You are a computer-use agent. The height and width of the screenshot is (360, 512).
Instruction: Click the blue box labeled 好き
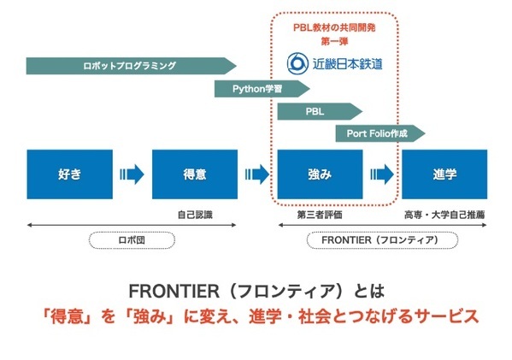69,174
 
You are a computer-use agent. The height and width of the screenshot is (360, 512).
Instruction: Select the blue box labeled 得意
194,174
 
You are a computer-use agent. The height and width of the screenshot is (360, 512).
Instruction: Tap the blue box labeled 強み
319,174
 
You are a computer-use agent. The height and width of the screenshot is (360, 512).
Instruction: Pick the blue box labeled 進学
444,174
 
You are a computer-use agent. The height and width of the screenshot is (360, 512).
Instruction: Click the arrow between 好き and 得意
132,174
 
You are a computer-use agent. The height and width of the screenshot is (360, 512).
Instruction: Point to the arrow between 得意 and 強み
256,174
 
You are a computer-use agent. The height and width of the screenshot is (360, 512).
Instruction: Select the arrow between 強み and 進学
382,174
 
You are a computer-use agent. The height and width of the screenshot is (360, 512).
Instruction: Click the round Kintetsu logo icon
298,63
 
